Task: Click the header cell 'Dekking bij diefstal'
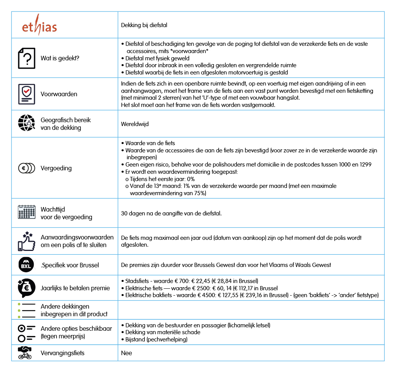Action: [x=144, y=25]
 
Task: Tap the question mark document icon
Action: [x=26, y=58]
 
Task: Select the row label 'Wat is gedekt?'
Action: [x=60, y=58]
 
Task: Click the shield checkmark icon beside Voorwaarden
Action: [x=26, y=94]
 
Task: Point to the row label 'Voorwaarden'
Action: [x=59, y=94]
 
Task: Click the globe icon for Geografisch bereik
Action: [x=26, y=123]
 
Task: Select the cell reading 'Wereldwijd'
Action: [x=135, y=124]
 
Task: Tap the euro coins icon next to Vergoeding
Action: [x=26, y=168]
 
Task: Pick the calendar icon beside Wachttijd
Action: [x=26, y=212]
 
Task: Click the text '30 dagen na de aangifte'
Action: [x=171, y=213]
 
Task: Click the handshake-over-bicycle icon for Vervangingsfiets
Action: [x=26, y=353]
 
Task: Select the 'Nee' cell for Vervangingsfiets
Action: [x=126, y=353]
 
